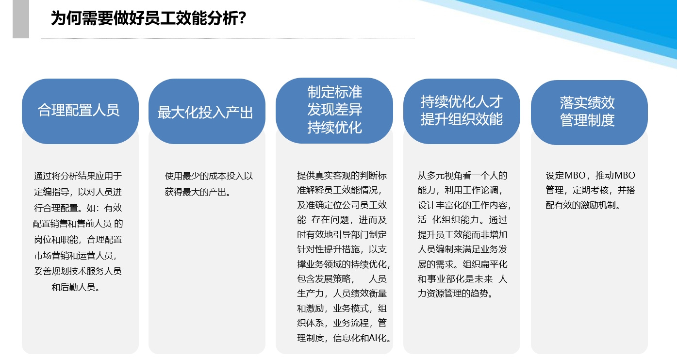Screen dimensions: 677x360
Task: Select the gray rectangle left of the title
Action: coord(21,19)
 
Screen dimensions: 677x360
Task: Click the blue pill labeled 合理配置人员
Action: coord(80,111)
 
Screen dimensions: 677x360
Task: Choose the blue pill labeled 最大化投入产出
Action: coord(207,111)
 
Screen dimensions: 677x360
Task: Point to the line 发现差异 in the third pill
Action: coord(334,110)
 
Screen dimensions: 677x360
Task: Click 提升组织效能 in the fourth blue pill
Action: coord(462,119)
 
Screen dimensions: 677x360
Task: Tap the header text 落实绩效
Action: coord(587,103)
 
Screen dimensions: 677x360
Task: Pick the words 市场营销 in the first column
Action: coord(51,255)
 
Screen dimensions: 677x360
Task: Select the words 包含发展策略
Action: coord(324,278)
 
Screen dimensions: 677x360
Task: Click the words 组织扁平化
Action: coord(485,264)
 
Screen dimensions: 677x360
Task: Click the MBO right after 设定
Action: coord(575,175)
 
